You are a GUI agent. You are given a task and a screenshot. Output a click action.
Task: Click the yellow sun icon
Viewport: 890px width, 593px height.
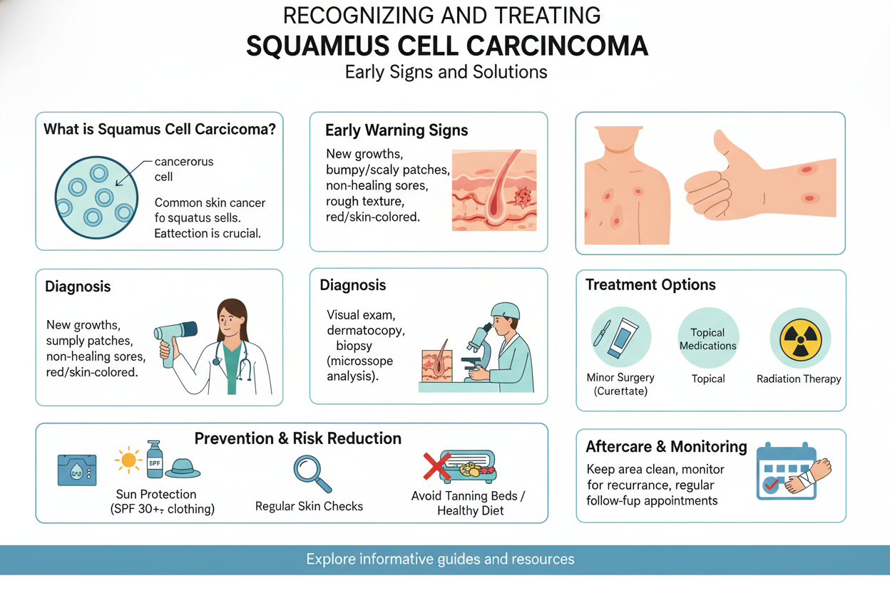(128, 460)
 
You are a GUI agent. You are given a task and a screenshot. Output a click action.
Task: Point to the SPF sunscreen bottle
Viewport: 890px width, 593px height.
(155, 459)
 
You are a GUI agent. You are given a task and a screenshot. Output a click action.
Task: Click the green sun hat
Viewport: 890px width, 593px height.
(183, 466)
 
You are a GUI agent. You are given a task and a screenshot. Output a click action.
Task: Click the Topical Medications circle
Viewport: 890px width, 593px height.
(707, 339)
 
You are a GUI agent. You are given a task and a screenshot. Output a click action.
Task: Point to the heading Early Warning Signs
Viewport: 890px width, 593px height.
(397, 130)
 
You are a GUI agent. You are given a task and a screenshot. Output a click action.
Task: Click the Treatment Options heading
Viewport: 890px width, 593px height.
(650, 285)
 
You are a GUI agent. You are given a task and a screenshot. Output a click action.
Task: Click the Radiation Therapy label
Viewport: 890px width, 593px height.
(799, 379)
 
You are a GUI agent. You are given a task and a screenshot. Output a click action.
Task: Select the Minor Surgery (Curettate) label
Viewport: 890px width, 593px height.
(620, 384)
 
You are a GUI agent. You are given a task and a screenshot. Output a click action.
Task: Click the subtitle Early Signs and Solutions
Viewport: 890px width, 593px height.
(446, 72)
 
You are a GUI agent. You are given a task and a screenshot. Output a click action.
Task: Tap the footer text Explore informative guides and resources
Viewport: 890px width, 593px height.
(440, 559)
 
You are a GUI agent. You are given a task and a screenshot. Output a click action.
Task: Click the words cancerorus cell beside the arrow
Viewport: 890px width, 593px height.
(184, 169)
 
